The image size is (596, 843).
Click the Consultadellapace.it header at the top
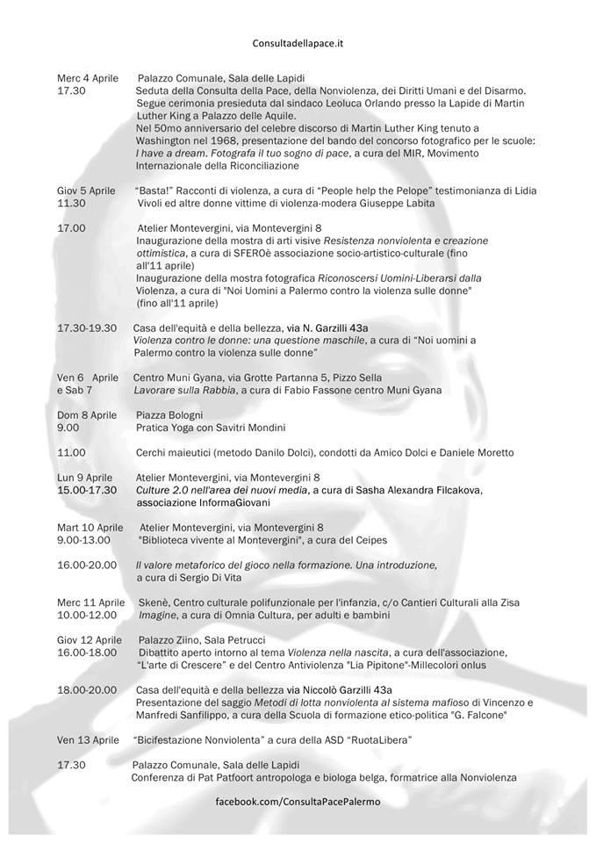(x=298, y=41)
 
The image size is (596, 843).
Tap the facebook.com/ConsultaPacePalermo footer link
(x=298, y=803)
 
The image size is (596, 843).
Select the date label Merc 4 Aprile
(x=87, y=78)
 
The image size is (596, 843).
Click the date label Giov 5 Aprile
(x=86, y=191)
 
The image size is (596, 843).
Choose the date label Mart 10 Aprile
(x=90, y=527)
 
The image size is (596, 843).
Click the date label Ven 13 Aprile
(x=88, y=739)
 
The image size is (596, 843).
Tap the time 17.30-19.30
(x=87, y=328)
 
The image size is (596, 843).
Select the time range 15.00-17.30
(x=87, y=489)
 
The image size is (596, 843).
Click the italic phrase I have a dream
(x=170, y=153)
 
